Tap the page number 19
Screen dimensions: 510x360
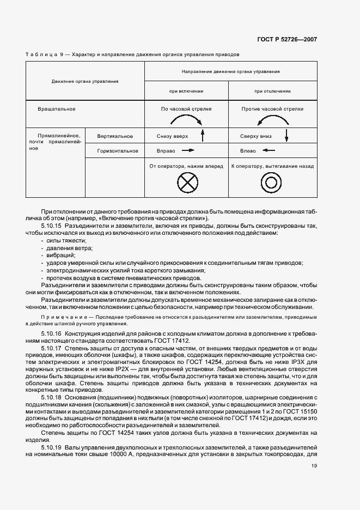[x=314, y=466]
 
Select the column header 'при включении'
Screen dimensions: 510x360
[x=186, y=91]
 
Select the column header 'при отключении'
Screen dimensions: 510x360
[x=272, y=91]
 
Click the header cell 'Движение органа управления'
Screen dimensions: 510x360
[x=85, y=81]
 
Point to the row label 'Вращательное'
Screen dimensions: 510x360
[x=57, y=109]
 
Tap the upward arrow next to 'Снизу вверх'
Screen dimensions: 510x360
[x=202, y=136]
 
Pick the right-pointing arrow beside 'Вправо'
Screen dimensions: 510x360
[x=188, y=150]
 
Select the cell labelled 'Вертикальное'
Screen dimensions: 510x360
[x=115, y=136]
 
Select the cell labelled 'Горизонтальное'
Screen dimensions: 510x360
[x=118, y=151]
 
